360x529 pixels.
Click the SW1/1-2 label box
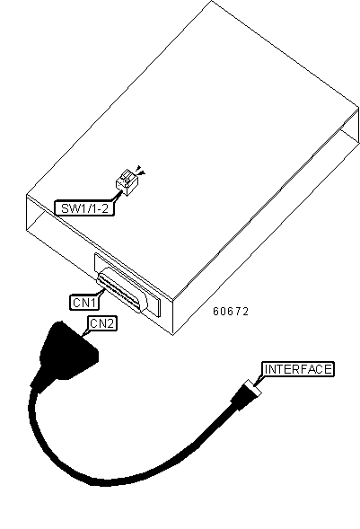(84, 208)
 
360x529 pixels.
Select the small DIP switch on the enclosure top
(124, 182)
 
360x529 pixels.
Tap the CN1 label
(84, 303)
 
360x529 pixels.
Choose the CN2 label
(102, 323)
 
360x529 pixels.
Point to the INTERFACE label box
(298, 369)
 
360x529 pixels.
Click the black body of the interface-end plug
(240, 398)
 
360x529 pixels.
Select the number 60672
(231, 311)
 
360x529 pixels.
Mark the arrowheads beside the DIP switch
(140, 170)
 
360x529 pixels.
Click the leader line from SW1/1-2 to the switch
(118, 195)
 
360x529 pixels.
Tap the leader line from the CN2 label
(85, 332)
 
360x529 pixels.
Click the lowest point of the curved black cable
(101, 483)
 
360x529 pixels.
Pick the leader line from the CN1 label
(101, 292)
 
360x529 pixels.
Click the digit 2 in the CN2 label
(110, 323)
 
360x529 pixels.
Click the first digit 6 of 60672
(215, 311)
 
